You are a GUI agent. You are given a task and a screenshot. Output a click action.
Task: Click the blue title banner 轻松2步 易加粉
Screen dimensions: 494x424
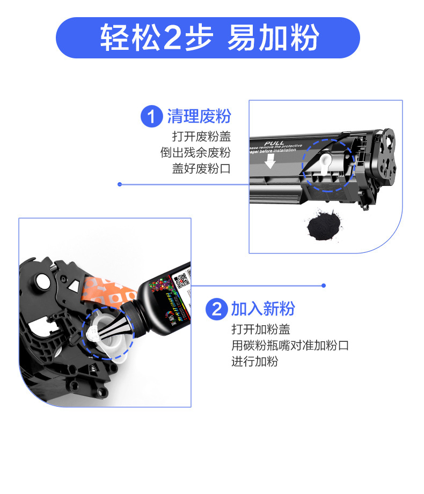tap(208, 38)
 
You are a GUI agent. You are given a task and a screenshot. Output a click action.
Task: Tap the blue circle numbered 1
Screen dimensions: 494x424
tap(151, 117)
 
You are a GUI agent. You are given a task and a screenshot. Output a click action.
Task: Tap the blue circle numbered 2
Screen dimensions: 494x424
tap(216, 309)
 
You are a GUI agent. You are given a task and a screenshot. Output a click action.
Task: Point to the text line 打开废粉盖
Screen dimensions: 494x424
tap(201, 136)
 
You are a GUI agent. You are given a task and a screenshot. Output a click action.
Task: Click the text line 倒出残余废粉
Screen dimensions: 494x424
tap(195, 152)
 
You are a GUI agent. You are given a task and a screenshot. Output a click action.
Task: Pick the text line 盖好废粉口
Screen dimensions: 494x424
tap(201, 168)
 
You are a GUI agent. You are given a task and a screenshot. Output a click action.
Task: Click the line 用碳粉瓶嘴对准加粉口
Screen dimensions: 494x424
tap(290, 345)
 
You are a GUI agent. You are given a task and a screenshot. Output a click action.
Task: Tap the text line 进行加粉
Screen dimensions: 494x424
tap(255, 362)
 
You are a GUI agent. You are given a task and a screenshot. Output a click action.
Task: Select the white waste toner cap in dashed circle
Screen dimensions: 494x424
tap(327, 164)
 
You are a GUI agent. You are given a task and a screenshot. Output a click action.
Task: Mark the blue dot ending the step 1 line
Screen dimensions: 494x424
tap(120, 184)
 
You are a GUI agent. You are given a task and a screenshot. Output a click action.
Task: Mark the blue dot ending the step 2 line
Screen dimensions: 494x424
tap(324, 286)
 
